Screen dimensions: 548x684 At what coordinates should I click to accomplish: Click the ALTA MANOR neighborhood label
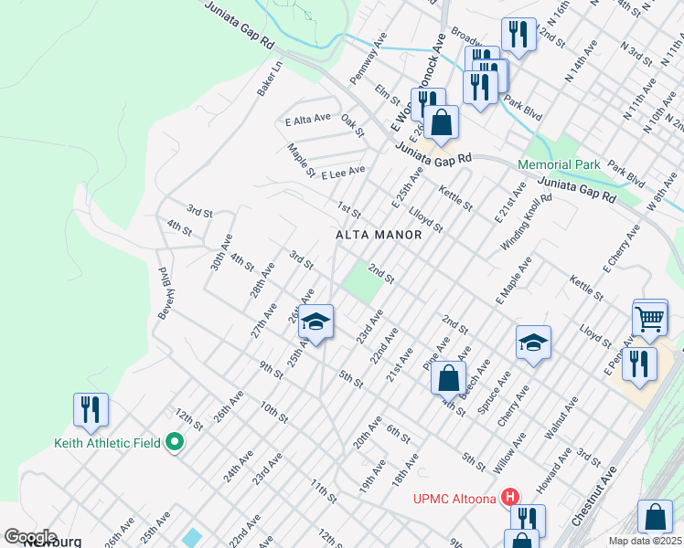(379, 235)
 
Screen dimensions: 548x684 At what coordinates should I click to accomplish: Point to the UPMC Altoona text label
(454, 499)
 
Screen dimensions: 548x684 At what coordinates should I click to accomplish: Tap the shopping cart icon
(649, 319)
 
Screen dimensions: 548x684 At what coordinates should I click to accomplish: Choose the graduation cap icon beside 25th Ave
(315, 322)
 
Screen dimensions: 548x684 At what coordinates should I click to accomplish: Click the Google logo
(30, 537)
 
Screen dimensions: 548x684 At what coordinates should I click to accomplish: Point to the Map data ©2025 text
(645, 541)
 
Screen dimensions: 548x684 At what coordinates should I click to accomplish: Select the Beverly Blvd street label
(166, 292)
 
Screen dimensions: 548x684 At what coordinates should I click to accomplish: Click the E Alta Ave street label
(307, 120)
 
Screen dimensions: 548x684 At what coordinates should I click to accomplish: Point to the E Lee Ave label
(343, 171)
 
